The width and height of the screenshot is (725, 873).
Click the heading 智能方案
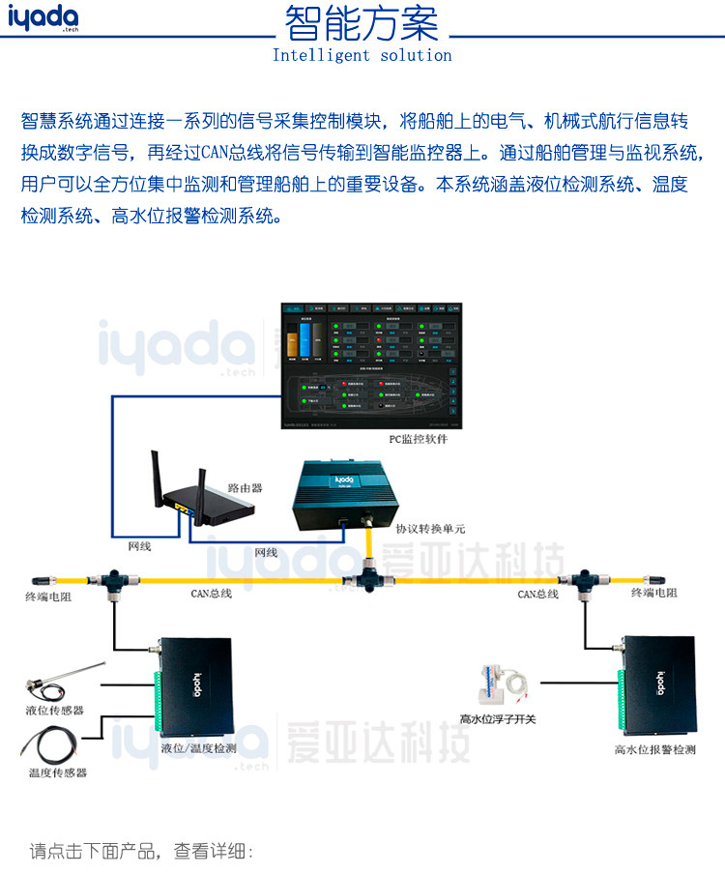[362, 23]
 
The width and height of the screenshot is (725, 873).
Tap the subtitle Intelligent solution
[362, 55]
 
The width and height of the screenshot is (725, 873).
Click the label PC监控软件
[411, 440]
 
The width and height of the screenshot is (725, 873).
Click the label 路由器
[245, 488]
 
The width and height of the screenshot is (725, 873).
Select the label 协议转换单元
[430, 529]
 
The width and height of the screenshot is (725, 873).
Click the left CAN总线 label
[211, 594]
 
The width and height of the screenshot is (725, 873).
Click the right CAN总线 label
[537, 594]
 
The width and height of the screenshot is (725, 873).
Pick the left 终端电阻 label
[48, 597]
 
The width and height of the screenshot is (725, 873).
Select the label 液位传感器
[54, 710]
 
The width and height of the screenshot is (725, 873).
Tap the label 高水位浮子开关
[498, 718]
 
